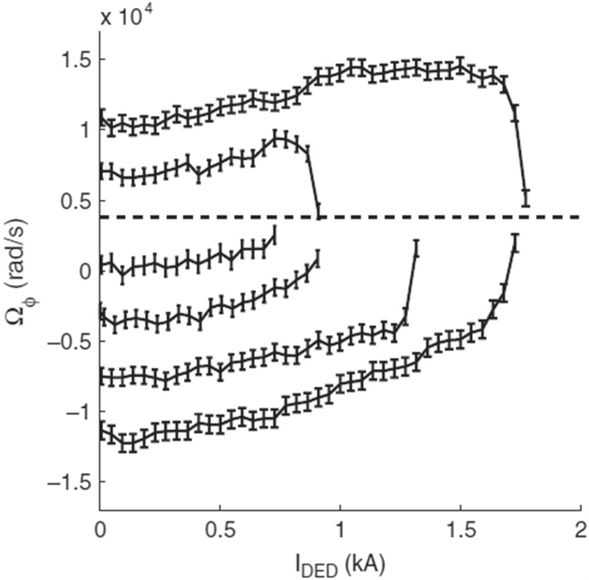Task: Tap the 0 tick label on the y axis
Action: pyautogui.click(x=80, y=271)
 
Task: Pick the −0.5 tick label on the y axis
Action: pyautogui.click(x=61, y=341)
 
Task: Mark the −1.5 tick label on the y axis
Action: pyautogui.click(x=61, y=482)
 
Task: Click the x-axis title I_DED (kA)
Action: pyautogui.click(x=340, y=558)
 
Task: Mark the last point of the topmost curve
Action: pyautogui.click(x=526, y=197)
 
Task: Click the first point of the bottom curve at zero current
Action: pyautogui.click(x=101, y=431)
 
